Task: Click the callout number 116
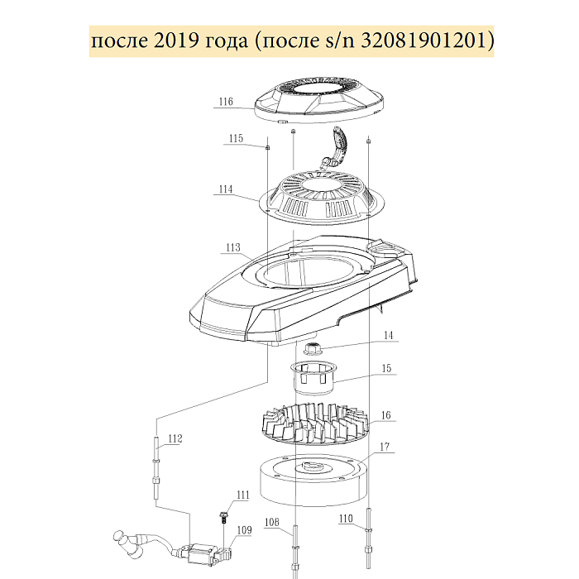click(x=226, y=102)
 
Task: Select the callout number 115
click(x=236, y=138)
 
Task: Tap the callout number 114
click(x=226, y=189)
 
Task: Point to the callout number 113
click(x=233, y=247)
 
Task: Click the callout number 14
click(x=389, y=335)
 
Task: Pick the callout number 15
click(x=386, y=369)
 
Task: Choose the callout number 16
click(x=386, y=415)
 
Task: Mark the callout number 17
click(x=385, y=447)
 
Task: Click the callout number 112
click(x=175, y=438)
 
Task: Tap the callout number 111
click(x=243, y=495)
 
